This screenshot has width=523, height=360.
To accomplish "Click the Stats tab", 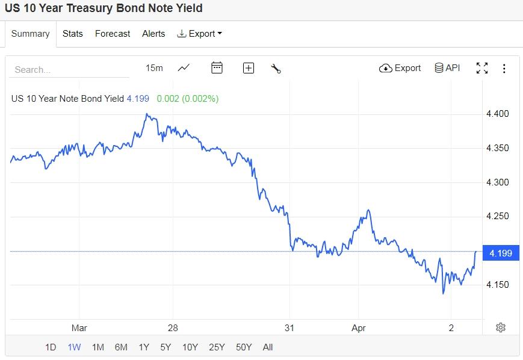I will pyautogui.click(x=73, y=34).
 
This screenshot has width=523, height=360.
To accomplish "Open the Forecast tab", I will pyautogui.click(x=113, y=34).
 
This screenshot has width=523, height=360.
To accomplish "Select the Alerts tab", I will pyautogui.click(x=153, y=34).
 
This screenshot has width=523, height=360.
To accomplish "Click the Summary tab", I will pyautogui.click(x=30, y=34).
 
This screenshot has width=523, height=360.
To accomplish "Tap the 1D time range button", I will pyautogui.click(x=51, y=347).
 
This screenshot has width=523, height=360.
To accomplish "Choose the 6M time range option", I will pyautogui.click(x=121, y=347).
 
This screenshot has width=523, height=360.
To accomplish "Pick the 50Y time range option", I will pyautogui.click(x=244, y=347).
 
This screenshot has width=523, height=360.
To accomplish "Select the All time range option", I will pyautogui.click(x=268, y=347).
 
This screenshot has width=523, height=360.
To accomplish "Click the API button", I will pyautogui.click(x=447, y=68).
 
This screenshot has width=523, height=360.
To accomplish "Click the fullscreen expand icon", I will pyautogui.click(x=482, y=68).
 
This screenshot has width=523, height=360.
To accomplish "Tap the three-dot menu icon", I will pyautogui.click(x=504, y=69).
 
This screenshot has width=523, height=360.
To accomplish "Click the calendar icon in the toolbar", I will pyautogui.click(x=217, y=68).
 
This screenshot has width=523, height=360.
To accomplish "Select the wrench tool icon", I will pyautogui.click(x=276, y=69).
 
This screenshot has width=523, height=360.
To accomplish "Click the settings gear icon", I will pyautogui.click(x=501, y=327).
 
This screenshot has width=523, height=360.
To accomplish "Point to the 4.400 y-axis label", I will pyautogui.click(x=497, y=114).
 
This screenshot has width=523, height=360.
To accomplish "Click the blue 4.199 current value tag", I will pyautogui.click(x=501, y=253).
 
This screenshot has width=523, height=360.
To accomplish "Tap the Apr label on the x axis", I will pyautogui.click(x=358, y=328).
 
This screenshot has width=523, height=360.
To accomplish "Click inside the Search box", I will pyautogui.click(x=69, y=69).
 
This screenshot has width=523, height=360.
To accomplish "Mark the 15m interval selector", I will pyautogui.click(x=154, y=68).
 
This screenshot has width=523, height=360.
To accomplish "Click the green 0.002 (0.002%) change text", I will pyautogui.click(x=188, y=98).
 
